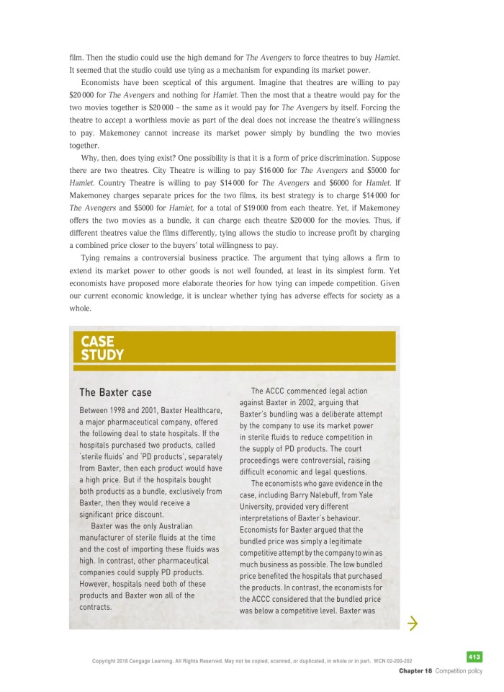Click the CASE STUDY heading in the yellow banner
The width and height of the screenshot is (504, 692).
point(102,347)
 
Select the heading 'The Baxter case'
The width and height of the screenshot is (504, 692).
point(115,393)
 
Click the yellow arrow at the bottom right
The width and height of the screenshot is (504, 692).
point(413,623)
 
